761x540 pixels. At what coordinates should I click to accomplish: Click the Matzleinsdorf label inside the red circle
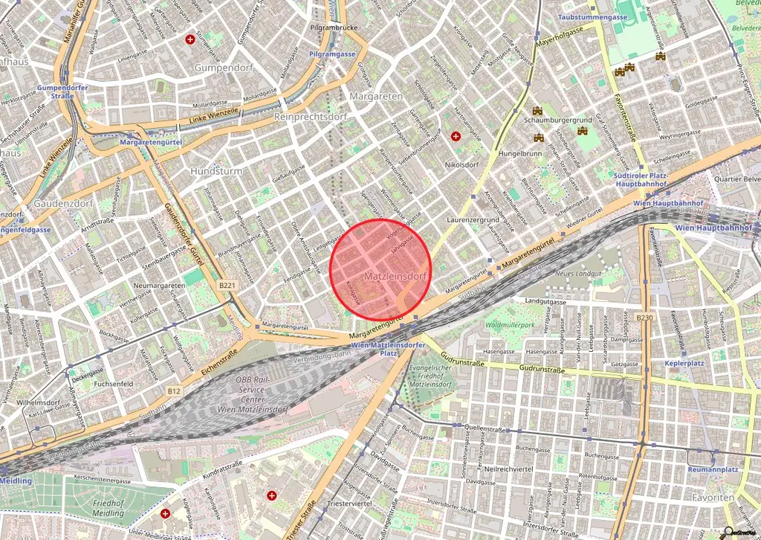click(x=396, y=276)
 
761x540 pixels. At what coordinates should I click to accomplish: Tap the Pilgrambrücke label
click(x=334, y=28)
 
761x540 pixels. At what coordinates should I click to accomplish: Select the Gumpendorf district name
click(x=224, y=67)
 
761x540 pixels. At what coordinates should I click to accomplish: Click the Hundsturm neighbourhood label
click(x=216, y=170)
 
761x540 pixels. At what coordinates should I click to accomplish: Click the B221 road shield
click(x=227, y=285)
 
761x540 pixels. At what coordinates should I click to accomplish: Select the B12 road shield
click(x=173, y=390)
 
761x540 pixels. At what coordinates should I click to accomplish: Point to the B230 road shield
click(x=644, y=318)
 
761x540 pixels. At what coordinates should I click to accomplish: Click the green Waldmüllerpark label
click(x=510, y=325)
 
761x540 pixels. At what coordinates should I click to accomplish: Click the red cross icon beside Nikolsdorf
click(x=456, y=136)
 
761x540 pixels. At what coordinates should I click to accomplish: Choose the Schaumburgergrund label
click(x=557, y=120)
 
